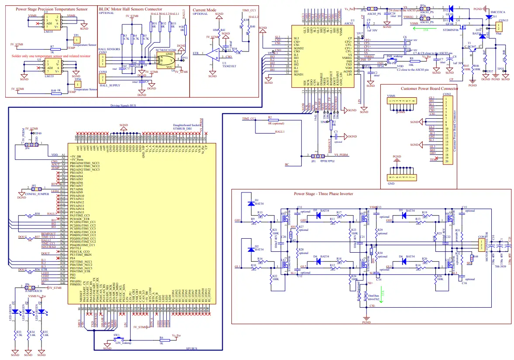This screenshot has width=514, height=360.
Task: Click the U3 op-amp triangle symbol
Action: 213,55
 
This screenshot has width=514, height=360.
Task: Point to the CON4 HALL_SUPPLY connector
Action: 103,79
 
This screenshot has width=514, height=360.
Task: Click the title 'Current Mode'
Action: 204,9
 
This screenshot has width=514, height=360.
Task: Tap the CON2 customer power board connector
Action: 448,130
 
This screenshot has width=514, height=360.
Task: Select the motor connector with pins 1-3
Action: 481,244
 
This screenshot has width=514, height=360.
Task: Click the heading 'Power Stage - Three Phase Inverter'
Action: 324,193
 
